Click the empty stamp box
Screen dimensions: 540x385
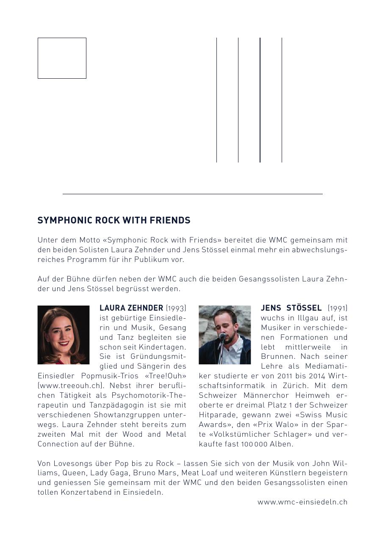pos(62,58)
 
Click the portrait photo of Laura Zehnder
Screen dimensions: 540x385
pos(64,335)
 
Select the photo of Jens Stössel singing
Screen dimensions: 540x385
pos(224,335)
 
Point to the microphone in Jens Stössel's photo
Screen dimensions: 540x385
pos(222,336)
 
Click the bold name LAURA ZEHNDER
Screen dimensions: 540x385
pos(131,308)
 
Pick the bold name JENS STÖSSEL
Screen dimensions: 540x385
pos(291,308)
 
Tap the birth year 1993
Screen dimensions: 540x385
pos(176,308)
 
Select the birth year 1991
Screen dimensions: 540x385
pos(338,308)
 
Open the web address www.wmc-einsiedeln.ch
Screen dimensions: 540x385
pos(302,502)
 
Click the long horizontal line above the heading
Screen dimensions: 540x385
pos(192,194)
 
